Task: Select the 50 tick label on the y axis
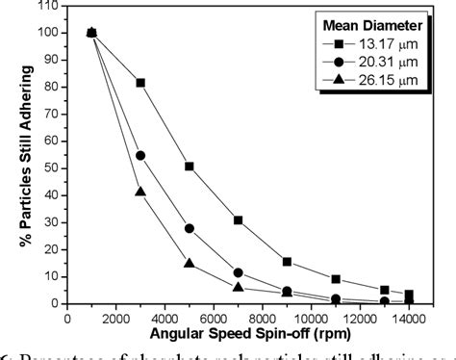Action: click(x=51, y=167)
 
